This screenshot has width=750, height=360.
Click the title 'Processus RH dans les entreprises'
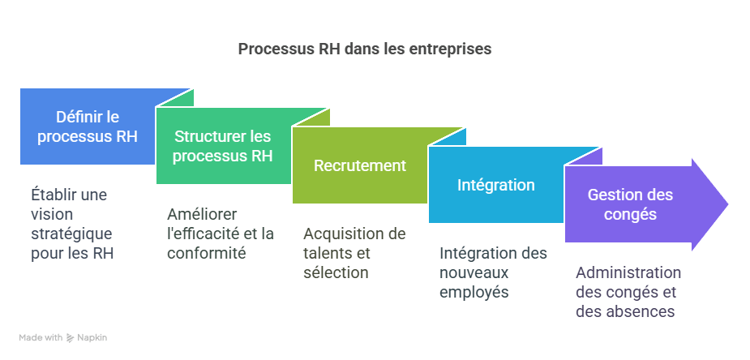(364, 49)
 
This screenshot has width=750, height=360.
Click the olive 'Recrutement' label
(359, 165)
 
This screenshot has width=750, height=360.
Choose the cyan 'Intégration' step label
(495, 185)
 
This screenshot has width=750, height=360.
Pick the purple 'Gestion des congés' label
(630, 204)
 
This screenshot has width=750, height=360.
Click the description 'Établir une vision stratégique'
(71, 224)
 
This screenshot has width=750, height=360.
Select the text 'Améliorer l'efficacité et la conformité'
(220, 234)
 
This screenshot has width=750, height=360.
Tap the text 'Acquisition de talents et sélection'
(354, 253)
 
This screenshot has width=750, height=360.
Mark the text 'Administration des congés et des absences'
(628, 292)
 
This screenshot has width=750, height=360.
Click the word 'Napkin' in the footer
(93, 337)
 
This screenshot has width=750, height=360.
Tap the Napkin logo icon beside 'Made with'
(71, 337)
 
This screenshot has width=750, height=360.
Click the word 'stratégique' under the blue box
(71, 234)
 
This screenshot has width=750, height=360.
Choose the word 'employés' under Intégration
(474, 292)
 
